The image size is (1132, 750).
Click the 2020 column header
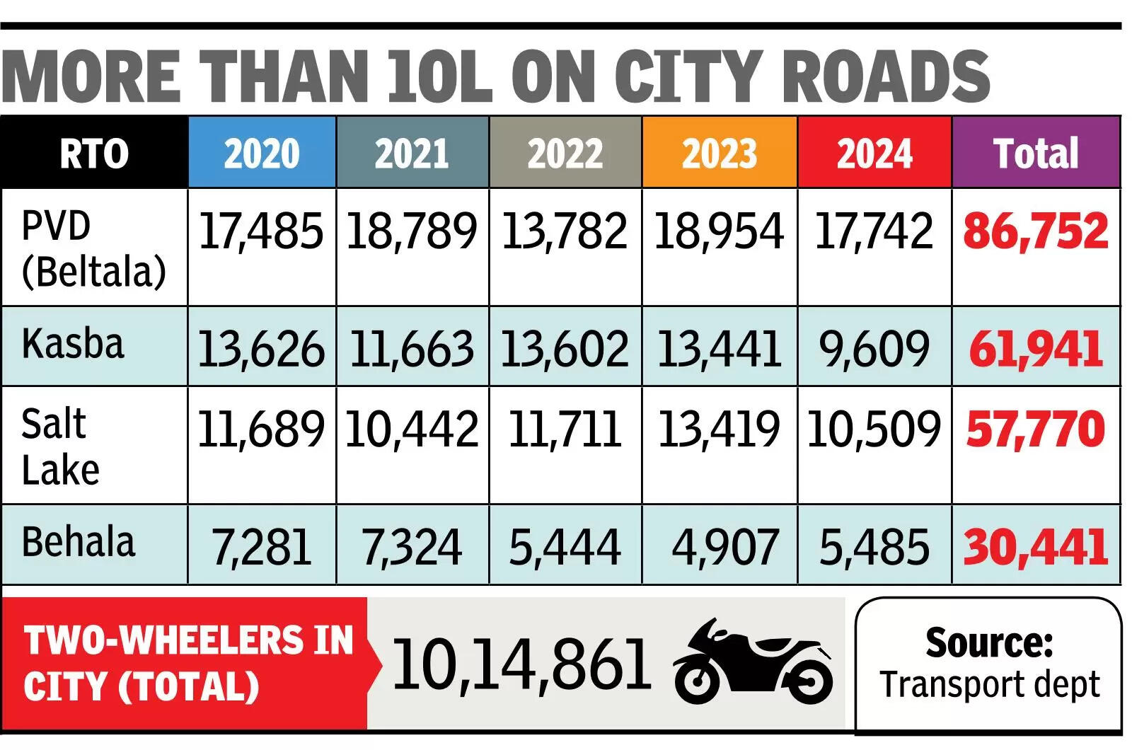click(262, 153)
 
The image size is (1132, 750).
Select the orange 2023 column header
click(719, 153)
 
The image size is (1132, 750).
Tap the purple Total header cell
click(1036, 153)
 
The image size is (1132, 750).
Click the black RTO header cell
click(94, 153)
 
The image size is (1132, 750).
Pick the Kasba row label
click(73, 344)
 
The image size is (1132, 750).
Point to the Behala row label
click(78, 542)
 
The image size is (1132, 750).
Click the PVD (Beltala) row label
click(93, 248)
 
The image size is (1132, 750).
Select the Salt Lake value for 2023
click(719, 429)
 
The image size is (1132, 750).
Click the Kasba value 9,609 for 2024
click(874, 348)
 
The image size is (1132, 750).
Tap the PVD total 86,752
click(1036, 231)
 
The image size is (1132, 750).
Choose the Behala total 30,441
click(1036, 547)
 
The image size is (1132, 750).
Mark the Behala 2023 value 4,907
click(724, 547)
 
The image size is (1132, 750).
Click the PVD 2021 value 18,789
click(412, 231)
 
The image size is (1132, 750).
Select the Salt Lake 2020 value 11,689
click(261, 429)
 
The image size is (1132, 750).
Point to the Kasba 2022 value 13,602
click(565, 348)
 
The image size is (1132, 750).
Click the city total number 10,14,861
click(521, 664)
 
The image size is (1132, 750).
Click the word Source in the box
click(989, 642)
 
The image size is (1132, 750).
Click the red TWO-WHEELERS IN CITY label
click(187, 663)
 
